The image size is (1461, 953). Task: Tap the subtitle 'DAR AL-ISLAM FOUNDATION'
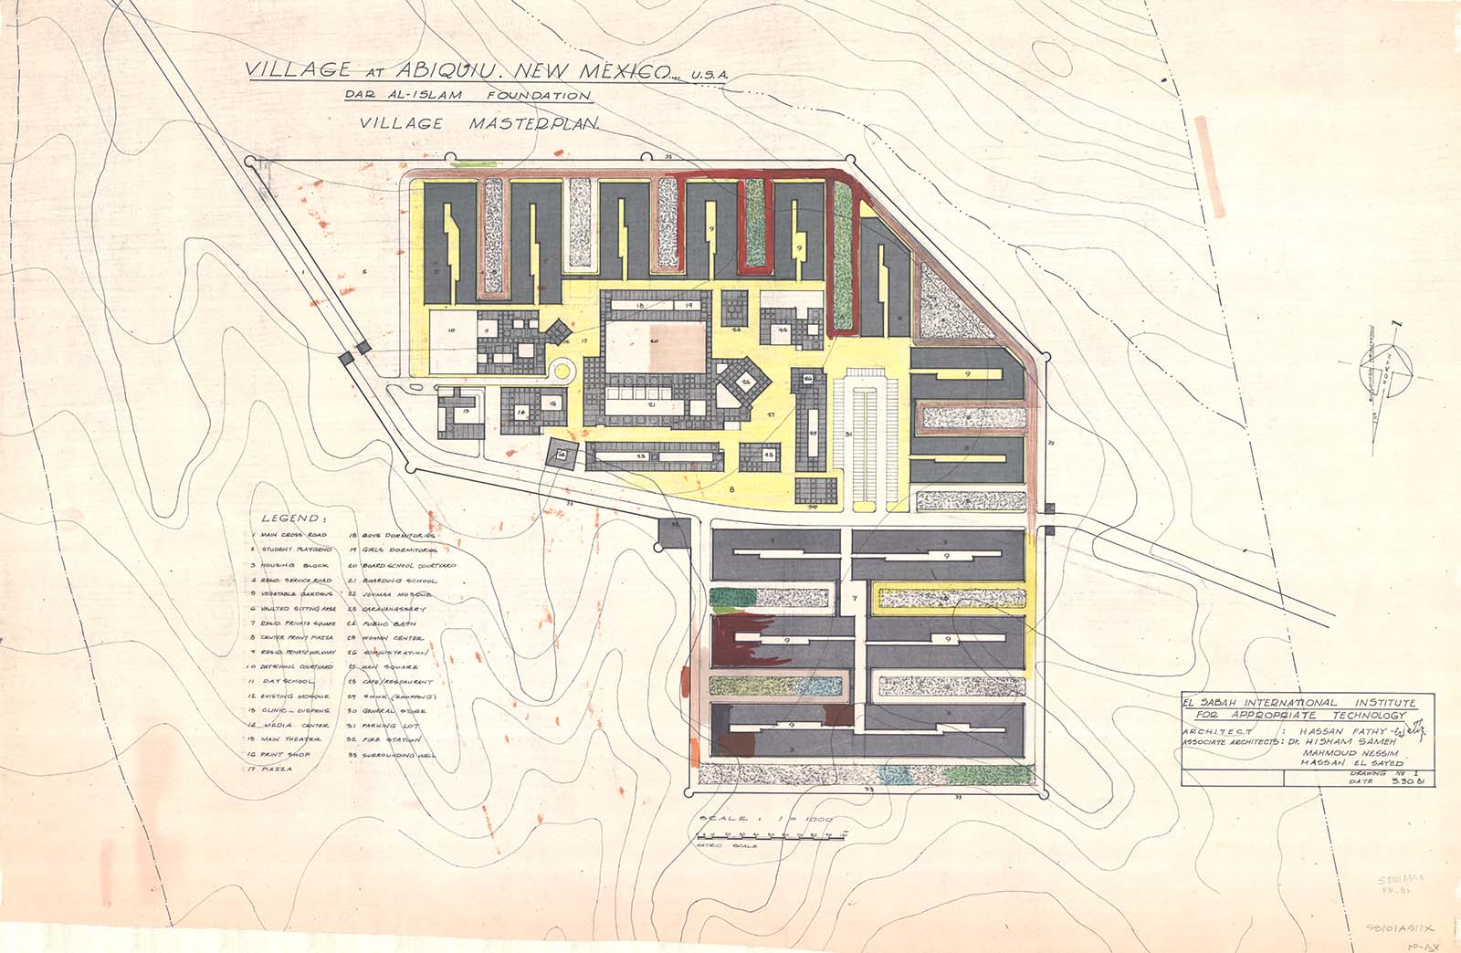click(x=468, y=95)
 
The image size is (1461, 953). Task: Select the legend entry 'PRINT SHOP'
click(x=282, y=755)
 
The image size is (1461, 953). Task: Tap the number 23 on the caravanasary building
click(x=642, y=456)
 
